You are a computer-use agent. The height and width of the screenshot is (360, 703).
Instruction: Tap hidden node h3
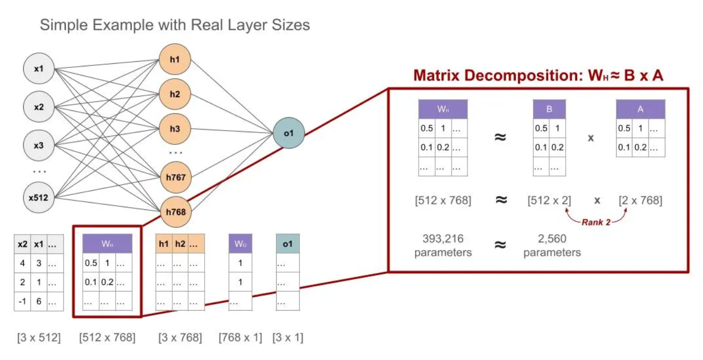point(175,129)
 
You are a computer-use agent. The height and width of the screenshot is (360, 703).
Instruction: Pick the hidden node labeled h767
point(175,177)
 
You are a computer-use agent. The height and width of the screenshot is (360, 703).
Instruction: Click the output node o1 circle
point(289,133)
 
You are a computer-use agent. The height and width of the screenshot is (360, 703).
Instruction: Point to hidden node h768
point(175,211)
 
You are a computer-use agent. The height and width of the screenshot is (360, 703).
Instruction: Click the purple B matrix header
point(549,110)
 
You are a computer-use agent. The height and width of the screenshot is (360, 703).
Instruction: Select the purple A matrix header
point(641,110)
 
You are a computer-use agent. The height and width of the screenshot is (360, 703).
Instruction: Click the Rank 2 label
point(597,223)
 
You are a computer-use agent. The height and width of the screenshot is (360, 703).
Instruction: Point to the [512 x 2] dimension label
point(549,200)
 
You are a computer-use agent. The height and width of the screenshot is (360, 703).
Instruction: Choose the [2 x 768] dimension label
point(641,200)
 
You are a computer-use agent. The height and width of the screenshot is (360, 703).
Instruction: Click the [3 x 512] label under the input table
point(39,338)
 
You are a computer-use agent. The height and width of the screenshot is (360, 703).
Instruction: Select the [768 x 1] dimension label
point(240,338)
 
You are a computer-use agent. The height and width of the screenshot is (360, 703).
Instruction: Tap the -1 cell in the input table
point(22,301)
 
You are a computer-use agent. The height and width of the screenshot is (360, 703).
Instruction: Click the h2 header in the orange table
point(180,244)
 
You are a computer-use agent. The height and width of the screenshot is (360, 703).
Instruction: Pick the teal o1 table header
point(287,244)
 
